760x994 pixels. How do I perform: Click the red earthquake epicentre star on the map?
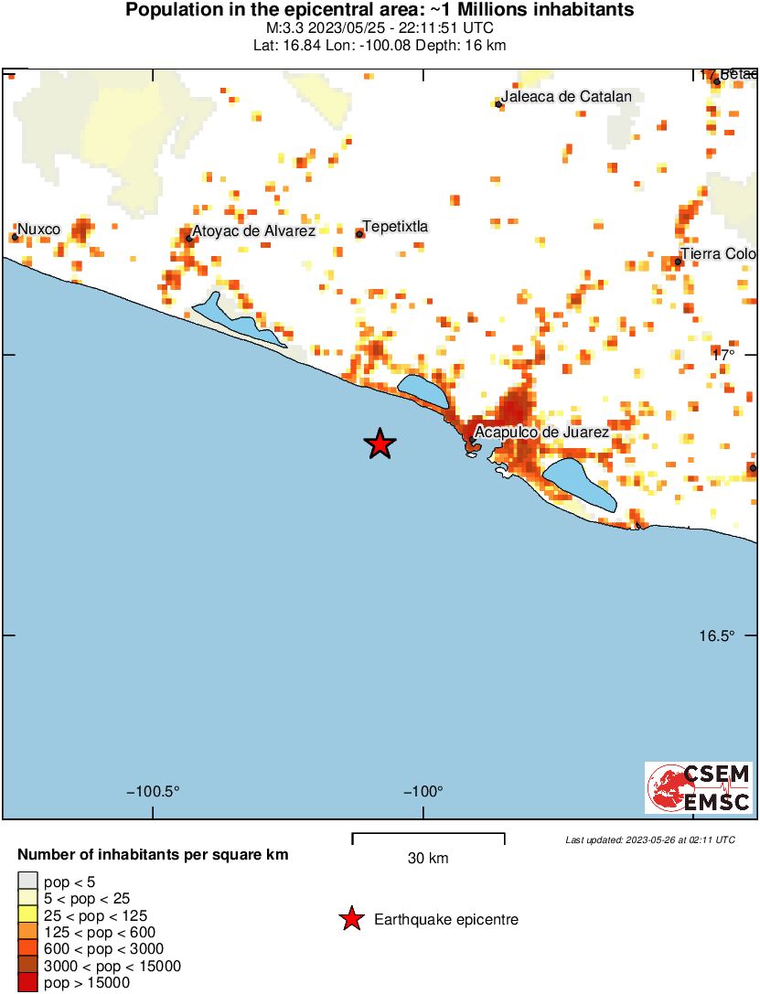pos(380,444)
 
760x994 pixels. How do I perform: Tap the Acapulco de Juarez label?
pos(541,433)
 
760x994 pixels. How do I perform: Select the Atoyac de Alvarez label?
pos(253,231)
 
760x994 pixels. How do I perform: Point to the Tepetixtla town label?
pos(395,226)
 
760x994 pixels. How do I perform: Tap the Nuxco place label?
pos(39,229)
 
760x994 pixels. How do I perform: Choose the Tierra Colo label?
pos(719,253)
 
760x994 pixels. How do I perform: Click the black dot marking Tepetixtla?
pos(359,234)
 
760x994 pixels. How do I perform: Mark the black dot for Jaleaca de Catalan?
pos(498,104)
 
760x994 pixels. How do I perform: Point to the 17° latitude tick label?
pos(724,354)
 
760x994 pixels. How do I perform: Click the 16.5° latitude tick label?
pos(718,636)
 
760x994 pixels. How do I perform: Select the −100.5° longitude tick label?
pos(152,791)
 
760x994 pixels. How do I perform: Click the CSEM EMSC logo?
pos(700,787)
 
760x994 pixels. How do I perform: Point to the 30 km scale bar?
pos(428,838)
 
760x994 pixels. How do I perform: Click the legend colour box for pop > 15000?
pos(27,983)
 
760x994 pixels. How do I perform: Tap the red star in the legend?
pos(350,920)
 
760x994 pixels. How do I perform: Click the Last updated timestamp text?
pos(649,839)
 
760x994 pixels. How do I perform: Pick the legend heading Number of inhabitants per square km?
pos(154,856)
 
